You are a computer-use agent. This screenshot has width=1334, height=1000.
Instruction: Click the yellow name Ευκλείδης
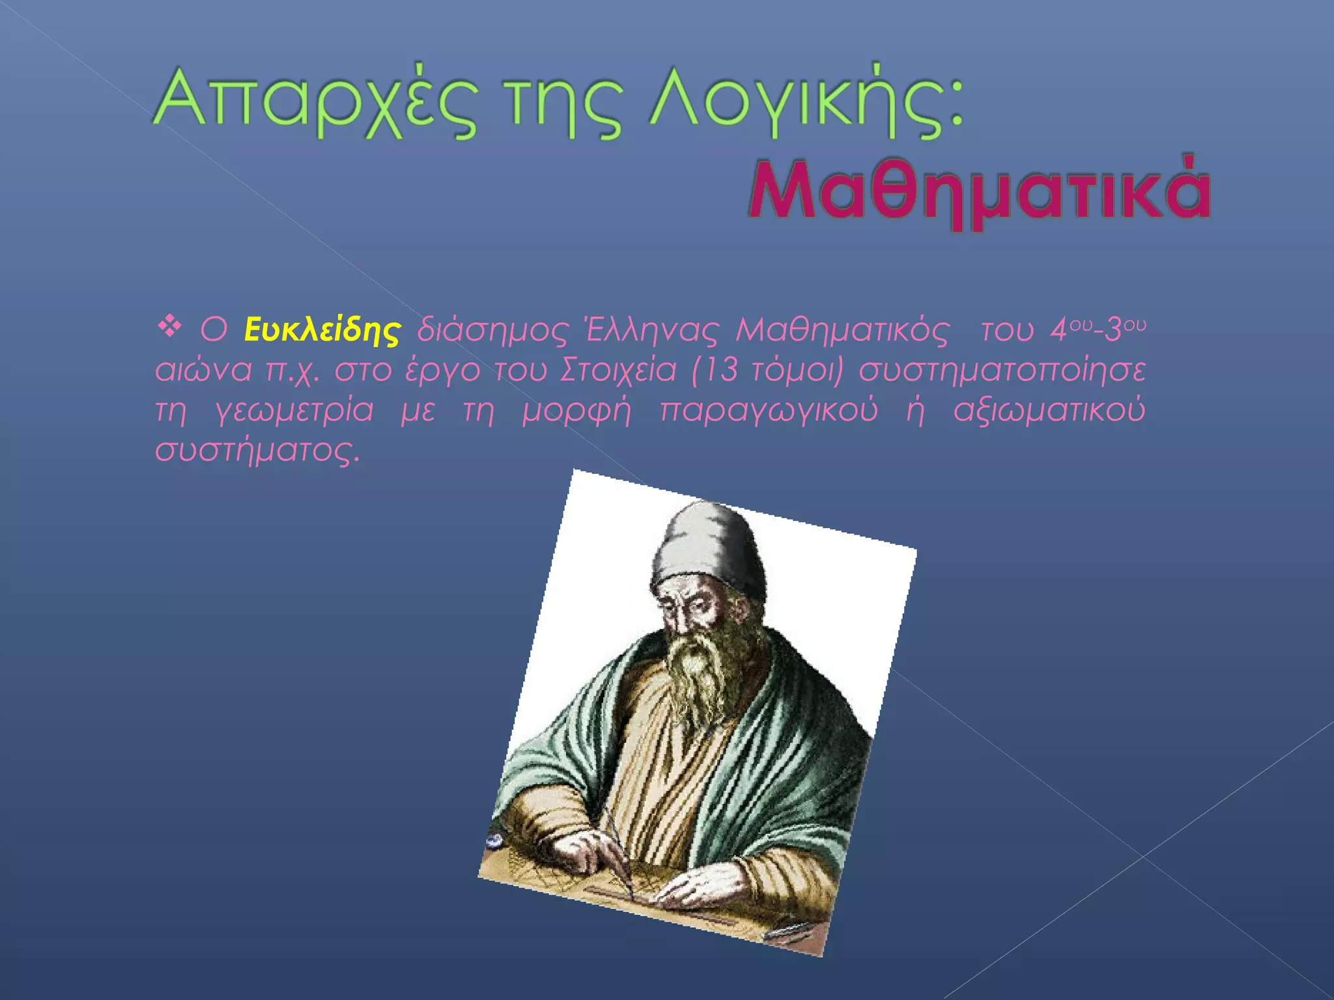pyautogui.click(x=322, y=330)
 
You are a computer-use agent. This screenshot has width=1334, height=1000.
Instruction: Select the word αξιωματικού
pyautogui.click(x=1049, y=411)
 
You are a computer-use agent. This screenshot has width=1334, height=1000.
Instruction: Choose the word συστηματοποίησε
pyautogui.click(x=1002, y=370)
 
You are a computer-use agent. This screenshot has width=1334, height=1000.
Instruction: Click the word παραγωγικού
pyautogui.click(x=769, y=411)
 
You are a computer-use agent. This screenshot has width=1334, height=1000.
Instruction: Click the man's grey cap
pyautogui.click(x=710, y=547)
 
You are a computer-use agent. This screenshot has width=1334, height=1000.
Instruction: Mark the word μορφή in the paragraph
pyautogui.click(x=576, y=411)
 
